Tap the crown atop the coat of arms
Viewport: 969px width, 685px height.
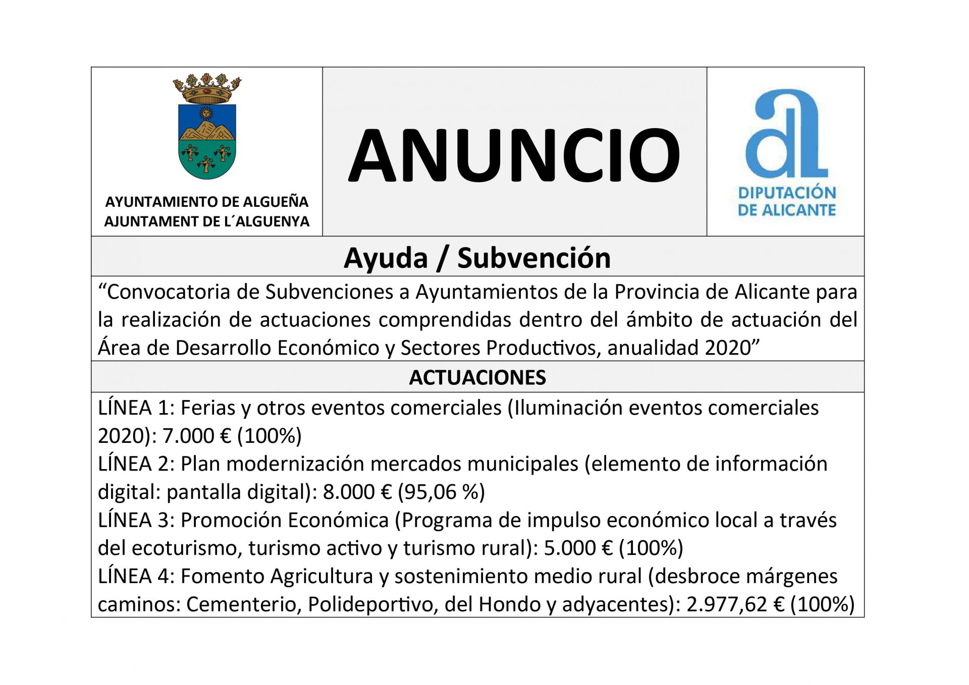coord(207,88)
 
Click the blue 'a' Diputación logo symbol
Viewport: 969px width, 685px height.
coord(786,134)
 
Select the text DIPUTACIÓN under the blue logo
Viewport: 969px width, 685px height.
coord(787,193)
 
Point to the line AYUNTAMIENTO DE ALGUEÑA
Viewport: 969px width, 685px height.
coord(206,202)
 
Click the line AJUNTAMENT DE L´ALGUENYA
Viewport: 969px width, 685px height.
coord(206,221)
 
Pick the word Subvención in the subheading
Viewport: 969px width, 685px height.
coord(534,258)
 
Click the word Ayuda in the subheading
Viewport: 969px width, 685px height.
coord(386,258)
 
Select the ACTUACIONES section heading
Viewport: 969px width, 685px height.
coord(477,377)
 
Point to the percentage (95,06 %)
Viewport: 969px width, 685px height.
coord(441,492)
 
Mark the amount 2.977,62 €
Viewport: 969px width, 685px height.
coord(735,604)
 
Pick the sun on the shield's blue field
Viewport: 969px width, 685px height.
coord(205,112)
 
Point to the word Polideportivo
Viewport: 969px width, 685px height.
coord(372,604)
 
